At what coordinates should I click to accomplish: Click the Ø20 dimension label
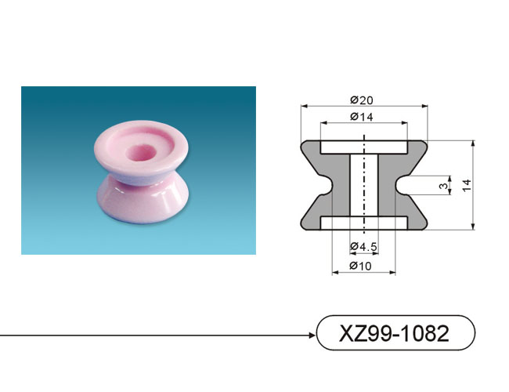point(362,100)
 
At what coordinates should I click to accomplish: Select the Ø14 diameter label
point(362,117)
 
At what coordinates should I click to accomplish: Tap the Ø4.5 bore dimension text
point(363,247)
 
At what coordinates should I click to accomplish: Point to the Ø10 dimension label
point(360,266)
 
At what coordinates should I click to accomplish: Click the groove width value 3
point(443,186)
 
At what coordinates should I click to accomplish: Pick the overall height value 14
point(467,185)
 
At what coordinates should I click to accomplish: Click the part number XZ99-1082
point(394,333)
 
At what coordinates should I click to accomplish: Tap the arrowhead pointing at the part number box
point(312,335)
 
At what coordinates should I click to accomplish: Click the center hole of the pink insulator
point(141,153)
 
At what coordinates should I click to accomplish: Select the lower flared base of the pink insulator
point(143,201)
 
